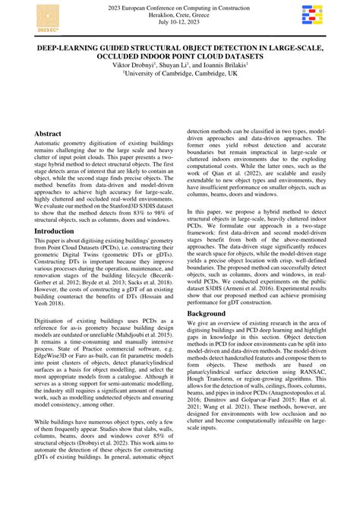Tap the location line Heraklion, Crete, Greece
[x=180, y=16]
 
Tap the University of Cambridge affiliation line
[x=180, y=74]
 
